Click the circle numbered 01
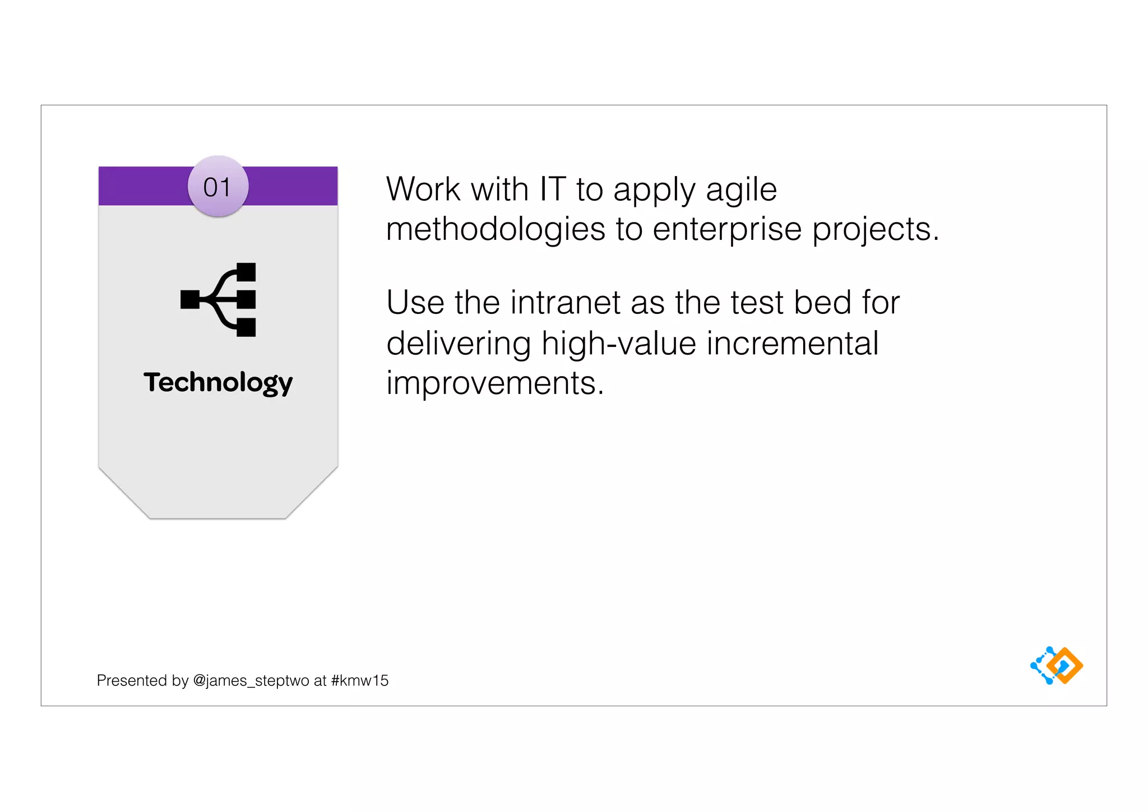[217, 187]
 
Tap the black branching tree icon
[218, 300]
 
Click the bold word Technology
[218, 383]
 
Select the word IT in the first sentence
[552, 189]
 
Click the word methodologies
[496, 230]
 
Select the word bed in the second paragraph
[822, 303]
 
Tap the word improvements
[495, 384]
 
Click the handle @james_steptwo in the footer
[251, 680]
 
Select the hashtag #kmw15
[359, 680]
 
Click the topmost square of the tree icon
[246, 272]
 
